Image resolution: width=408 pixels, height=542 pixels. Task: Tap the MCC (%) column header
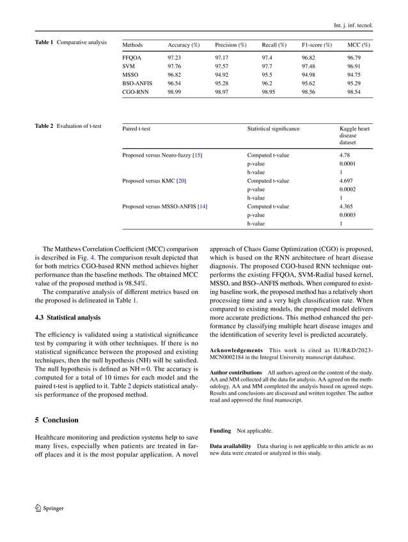(x=358, y=45)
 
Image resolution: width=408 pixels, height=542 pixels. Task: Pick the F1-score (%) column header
(x=317, y=45)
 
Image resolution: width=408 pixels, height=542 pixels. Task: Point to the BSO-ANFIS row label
(x=136, y=83)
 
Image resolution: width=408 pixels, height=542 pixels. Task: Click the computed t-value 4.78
(x=345, y=155)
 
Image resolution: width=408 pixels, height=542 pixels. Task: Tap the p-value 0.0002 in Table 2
(x=348, y=189)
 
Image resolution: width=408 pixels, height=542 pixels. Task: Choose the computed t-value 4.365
(x=347, y=206)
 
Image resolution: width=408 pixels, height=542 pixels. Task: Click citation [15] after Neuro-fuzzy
(x=198, y=155)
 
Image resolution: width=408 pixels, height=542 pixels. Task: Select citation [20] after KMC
(x=182, y=181)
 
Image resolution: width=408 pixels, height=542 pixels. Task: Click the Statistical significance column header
(x=273, y=128)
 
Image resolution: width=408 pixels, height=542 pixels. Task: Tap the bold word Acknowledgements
(x=236, y=350)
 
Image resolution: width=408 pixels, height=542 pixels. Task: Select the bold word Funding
(x=221, y=431)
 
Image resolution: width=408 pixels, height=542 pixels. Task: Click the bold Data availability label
(x=231, y=445)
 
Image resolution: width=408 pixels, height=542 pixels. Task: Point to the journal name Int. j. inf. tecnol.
(x=354, y=26)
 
